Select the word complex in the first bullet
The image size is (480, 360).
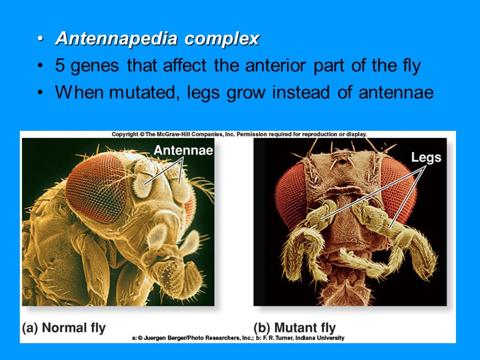(x=221, y=39)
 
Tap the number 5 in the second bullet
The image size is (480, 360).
(x=61, y=66)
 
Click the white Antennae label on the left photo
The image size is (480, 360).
(x=183, y=151)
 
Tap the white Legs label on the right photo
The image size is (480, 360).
(x=426, y=158)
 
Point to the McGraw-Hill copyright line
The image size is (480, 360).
(x=239, y=134)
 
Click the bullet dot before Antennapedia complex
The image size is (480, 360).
(x=40, y=40)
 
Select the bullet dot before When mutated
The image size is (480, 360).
(x=40, y=94)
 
